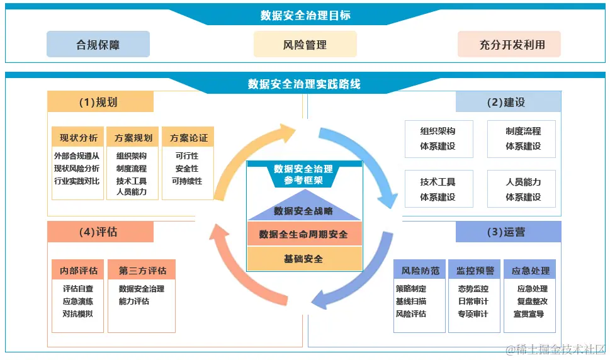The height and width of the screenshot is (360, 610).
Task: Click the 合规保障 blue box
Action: (98, 45)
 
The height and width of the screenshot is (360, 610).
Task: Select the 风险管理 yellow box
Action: (305, 45)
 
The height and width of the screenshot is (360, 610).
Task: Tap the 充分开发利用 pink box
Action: (509, 45)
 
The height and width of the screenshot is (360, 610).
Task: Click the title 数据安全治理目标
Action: (305, 16)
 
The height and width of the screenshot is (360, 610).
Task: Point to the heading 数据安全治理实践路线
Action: (305, 84)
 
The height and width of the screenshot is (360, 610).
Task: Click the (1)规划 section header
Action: (100, 102)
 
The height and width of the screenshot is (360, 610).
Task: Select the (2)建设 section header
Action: (508, 102)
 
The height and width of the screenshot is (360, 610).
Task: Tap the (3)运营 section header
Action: (508, 232)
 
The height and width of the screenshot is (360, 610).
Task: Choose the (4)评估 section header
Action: (100, 232)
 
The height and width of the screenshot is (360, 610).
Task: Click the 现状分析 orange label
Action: (78, 138)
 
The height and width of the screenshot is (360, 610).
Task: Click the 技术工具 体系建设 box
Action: (438, 189)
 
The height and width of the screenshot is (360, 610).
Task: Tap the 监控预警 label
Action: (475, 271)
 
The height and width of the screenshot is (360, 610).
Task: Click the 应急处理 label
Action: (530, 271)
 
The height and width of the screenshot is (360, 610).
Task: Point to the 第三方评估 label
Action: (142, 271)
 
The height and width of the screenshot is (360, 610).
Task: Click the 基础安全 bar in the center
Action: (305, 258)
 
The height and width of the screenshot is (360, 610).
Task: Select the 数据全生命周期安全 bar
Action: (305, 233)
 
